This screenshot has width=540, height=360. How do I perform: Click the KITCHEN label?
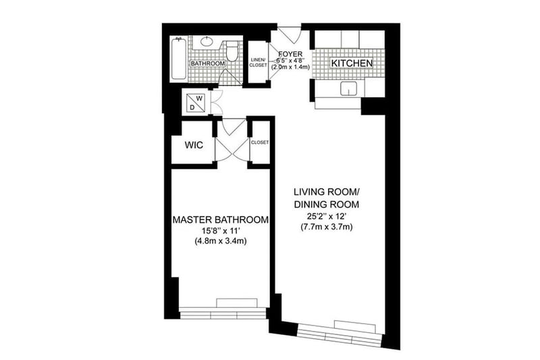click(352, 63)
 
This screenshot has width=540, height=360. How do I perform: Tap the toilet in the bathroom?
click(232, 51)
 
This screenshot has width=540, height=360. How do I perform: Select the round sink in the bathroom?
click(207, 42)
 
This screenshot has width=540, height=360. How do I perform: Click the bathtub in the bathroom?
click(179, 59)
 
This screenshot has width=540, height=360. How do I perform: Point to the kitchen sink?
click(350, 89)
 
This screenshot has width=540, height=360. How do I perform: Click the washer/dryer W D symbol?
click(195, 102)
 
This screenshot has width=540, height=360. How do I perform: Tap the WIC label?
click(194, 145)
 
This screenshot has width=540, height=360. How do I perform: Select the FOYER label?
click(290, 54)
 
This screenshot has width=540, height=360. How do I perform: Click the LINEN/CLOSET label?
click(258, 62)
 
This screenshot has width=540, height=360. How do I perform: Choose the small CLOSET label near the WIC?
click(260, 143)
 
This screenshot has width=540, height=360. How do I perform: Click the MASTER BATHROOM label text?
click(221, 220)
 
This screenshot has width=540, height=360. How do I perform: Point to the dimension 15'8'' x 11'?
click(221, 231)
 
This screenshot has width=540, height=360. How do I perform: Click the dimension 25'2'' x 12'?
click(326, 217)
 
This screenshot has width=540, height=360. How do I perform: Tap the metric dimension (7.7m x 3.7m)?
click(326, 227)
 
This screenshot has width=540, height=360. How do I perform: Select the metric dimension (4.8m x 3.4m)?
click(221, 242)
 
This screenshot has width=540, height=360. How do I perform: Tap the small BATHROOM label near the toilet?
click(208, 63)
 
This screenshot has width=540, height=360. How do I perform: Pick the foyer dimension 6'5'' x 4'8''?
click(290, 61)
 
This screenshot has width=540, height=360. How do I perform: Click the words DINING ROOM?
click(327, 204)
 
